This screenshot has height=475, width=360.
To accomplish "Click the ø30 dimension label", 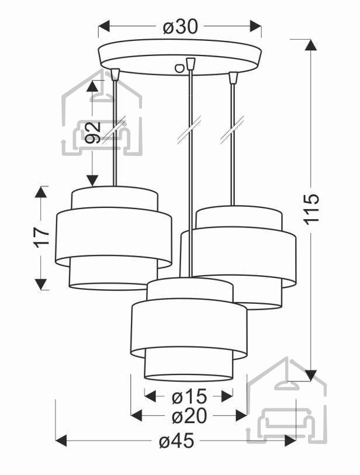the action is (x=181, y=27).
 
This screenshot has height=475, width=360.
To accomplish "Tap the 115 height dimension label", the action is (x=312, y=209).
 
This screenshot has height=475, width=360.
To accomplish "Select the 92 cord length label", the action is (x=93, y=133).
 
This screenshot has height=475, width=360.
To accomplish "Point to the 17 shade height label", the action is (x=41, y=237).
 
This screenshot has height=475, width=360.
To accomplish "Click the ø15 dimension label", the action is (x=189, y=396).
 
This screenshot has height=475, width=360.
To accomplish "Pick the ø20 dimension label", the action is (x=189, y=416).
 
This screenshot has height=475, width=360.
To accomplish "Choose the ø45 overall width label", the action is (x=176, y=441).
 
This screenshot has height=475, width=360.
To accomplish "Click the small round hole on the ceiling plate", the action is (x=179, y=68).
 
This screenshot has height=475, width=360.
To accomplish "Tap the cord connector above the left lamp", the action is (x=115, y=75).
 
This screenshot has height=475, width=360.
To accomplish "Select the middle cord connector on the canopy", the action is (x=191, y=64).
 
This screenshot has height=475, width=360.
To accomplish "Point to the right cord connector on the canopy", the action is (x=233, y=78).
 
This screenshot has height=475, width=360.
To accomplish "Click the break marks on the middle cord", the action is (x=190, y=129).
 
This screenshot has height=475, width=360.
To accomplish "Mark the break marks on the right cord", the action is (x=233, y=129).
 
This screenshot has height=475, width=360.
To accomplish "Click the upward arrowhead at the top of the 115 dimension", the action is (x=310, y=46).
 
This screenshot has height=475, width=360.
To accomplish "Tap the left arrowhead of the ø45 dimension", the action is (x=61, y=441).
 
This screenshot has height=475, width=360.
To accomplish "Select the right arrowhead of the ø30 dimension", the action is (x=255, y=26).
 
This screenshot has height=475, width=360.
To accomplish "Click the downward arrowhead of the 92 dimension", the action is (x=92, y=181).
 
